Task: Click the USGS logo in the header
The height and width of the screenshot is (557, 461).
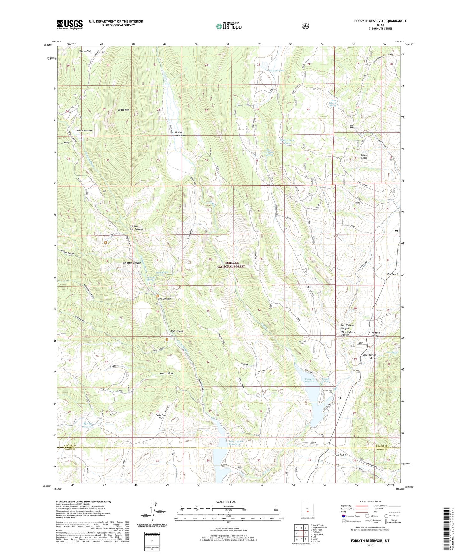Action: coord(70,25)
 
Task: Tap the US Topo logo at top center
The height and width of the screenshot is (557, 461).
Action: coord(228,26)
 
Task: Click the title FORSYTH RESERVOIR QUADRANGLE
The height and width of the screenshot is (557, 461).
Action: coord(380,21)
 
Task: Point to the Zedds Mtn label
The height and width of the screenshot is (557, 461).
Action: coord(123,110)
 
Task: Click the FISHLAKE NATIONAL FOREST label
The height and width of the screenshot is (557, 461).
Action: coord(231,264)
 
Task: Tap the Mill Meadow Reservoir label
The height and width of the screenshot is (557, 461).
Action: coord(236,443)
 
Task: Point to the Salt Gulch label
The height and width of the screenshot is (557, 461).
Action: coord(340,455)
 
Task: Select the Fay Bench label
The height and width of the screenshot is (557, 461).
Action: coord(392,274)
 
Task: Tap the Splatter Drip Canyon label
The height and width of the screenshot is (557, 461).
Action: coord(136,227)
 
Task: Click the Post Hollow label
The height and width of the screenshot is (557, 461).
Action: coord(167,373)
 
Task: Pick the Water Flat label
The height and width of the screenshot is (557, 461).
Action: coord(85,51)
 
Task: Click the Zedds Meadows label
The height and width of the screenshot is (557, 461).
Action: coord(85,130)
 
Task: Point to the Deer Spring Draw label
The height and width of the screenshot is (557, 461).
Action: coord(369,356)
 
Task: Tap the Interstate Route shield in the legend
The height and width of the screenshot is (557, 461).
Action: coord(343,516)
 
